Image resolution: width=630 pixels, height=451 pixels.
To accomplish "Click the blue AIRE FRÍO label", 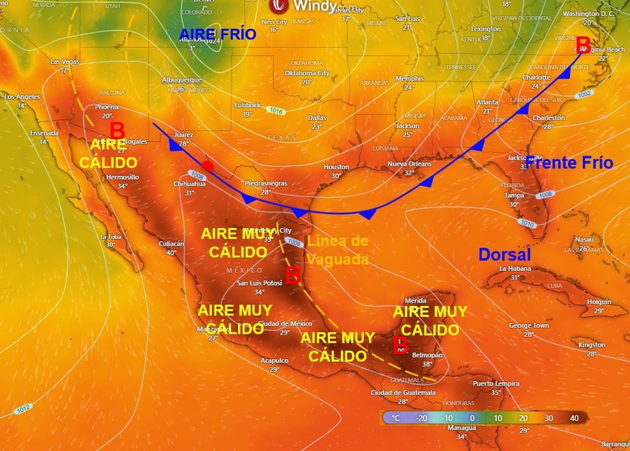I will [218, 34].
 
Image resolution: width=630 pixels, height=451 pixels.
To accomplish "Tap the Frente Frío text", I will [569, 163].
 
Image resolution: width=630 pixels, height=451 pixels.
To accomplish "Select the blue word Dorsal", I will [505, 254].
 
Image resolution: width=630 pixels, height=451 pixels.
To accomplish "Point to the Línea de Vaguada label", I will [338, 250].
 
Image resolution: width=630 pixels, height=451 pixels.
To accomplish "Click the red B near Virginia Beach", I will [583, 45].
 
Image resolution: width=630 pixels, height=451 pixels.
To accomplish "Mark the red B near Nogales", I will [117, 130].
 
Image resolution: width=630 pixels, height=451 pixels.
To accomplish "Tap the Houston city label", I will [336, 167].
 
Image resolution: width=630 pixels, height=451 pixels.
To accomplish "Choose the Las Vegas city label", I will [64, 62].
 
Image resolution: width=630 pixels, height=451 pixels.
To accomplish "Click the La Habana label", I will [515, 268].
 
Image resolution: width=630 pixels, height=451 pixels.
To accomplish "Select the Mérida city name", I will [415, 300].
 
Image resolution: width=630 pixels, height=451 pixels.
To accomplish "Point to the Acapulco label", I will [274, 360].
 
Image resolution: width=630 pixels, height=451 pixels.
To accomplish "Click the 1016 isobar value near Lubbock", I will [276, 111].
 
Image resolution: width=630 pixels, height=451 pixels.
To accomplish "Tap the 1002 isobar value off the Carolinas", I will [583, 95].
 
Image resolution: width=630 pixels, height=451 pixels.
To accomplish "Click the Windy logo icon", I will [279, 6].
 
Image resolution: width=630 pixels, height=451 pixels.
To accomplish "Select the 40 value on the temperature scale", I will [574, 418].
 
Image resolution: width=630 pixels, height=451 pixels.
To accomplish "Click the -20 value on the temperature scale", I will [421, 418].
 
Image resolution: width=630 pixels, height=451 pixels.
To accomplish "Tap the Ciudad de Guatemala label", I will [402, 392].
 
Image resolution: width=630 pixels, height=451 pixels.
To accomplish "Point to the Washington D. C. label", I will [589, 13].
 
